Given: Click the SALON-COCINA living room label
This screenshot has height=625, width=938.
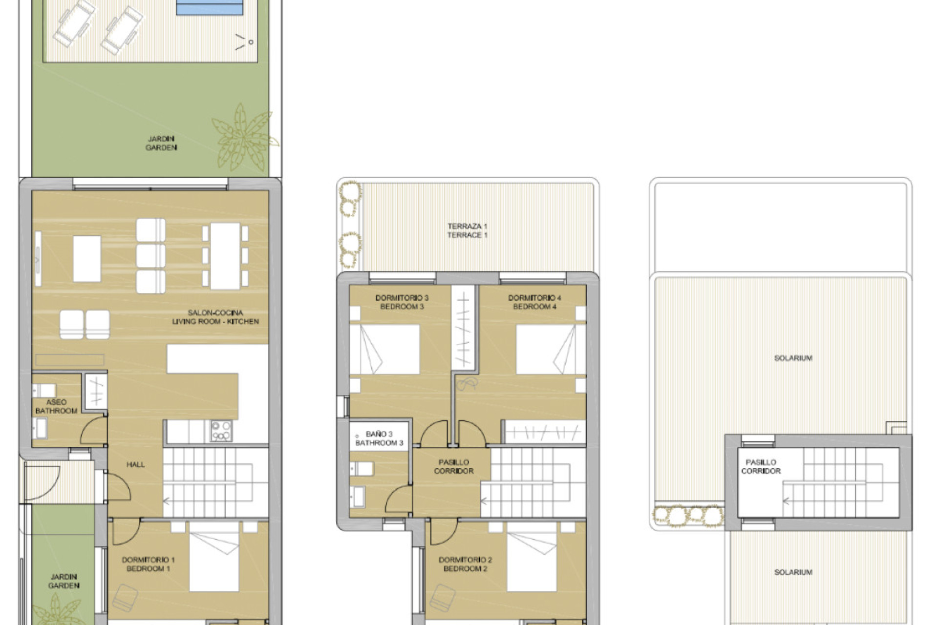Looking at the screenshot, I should tap(215, 317).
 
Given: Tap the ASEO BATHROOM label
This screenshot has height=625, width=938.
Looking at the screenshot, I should tap(56, 406).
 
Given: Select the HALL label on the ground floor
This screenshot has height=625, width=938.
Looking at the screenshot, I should tap(135, 464).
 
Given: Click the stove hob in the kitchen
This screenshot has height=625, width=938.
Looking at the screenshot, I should tap(221, 431).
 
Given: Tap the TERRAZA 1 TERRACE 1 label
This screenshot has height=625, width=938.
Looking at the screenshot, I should tap(467, 230).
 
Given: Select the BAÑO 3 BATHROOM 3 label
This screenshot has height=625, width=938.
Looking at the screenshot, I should tap(379, 438).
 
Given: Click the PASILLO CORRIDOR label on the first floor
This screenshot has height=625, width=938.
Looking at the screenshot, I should tap(454, 466).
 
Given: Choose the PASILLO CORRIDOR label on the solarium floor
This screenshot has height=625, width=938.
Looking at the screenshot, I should tap(761, 466).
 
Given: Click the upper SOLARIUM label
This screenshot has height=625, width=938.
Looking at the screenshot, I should tap(793, 358).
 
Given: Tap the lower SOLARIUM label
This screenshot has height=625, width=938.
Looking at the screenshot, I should tap(793, 572).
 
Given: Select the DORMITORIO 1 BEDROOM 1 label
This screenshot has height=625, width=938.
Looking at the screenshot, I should tap(149, 564).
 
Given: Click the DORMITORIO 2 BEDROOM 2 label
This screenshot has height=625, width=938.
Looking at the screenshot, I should tap(465, 564).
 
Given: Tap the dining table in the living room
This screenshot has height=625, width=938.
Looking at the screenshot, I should tap(225, 255).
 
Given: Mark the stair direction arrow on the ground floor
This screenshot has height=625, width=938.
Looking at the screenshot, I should tap(167, 500).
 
